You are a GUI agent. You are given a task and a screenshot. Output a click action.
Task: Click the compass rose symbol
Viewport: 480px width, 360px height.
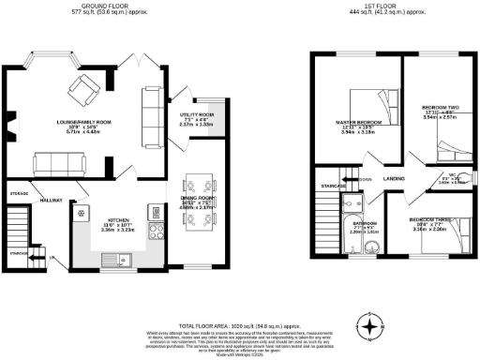click(374, 328)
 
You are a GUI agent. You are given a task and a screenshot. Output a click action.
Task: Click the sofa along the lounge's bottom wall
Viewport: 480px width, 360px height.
click(58, 164)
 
